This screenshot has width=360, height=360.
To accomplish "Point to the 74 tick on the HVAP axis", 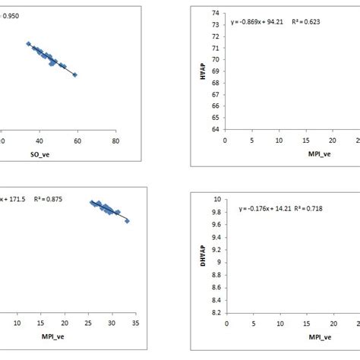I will tap(217, 13).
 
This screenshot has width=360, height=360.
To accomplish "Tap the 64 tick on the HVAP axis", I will tap(217, 129).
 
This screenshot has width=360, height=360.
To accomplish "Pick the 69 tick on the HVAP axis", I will tap(217, 71).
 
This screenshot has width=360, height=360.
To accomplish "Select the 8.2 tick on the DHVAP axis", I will tap(216, 312).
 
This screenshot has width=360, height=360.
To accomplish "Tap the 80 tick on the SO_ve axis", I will tap(115, 141).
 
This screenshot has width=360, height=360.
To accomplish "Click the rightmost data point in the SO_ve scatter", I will tap(74, 74).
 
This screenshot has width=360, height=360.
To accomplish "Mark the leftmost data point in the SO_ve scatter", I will tap(28, 44).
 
